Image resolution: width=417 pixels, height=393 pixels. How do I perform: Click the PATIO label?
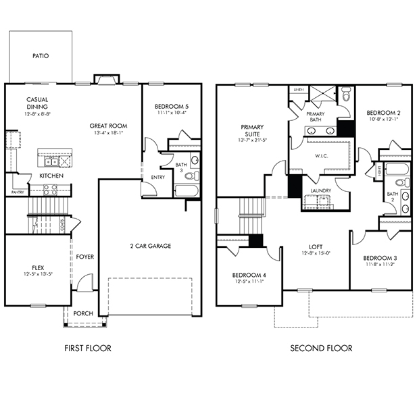pos(40,57)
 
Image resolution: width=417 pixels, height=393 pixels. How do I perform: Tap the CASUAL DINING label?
pos(37,103)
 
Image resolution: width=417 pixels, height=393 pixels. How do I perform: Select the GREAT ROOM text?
pos(108,126)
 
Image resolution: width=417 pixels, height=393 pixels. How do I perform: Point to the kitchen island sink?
pos(50,161)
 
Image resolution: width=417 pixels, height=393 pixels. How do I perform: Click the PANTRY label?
pos(18,192)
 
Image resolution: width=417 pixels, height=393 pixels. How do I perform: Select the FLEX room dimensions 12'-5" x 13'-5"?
pos(32,275)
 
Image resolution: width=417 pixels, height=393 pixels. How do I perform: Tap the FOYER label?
pos(84,257)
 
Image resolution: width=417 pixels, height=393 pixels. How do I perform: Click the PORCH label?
pos(83,313)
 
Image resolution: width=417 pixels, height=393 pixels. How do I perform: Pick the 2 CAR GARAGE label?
pos(149,246)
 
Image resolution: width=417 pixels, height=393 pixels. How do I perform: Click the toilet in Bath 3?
pos(191,176)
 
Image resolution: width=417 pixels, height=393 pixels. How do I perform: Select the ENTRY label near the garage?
pos(157,178)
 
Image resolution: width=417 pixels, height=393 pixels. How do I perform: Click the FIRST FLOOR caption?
pos(87,348)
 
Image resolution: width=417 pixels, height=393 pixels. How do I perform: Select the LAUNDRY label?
pos(320,191)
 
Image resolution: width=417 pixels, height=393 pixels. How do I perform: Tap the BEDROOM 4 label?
pos(247,275)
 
